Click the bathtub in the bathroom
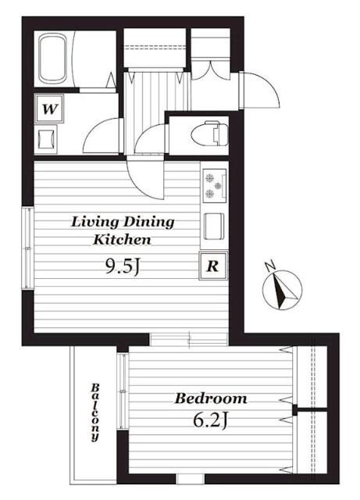click(x=53, y=59)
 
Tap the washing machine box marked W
click(x=49, y=109)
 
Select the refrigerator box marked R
click(x=213, y=266)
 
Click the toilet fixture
click(x=209, y=134)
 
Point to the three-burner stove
click(x=215, y=185)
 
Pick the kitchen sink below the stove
click(x=214, y=227)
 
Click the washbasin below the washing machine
click(x=46, y=139)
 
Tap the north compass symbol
click(x=282, y=289)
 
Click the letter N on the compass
click(x=270, y=266)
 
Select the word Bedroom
click(x=211, y=398)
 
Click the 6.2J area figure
click(x=210, y=421)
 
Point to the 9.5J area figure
click(x=123, y=266)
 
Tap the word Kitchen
click(x=122, y=240)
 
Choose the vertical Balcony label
click(x=95, y=412)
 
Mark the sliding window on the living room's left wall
click(x=28, y=248)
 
